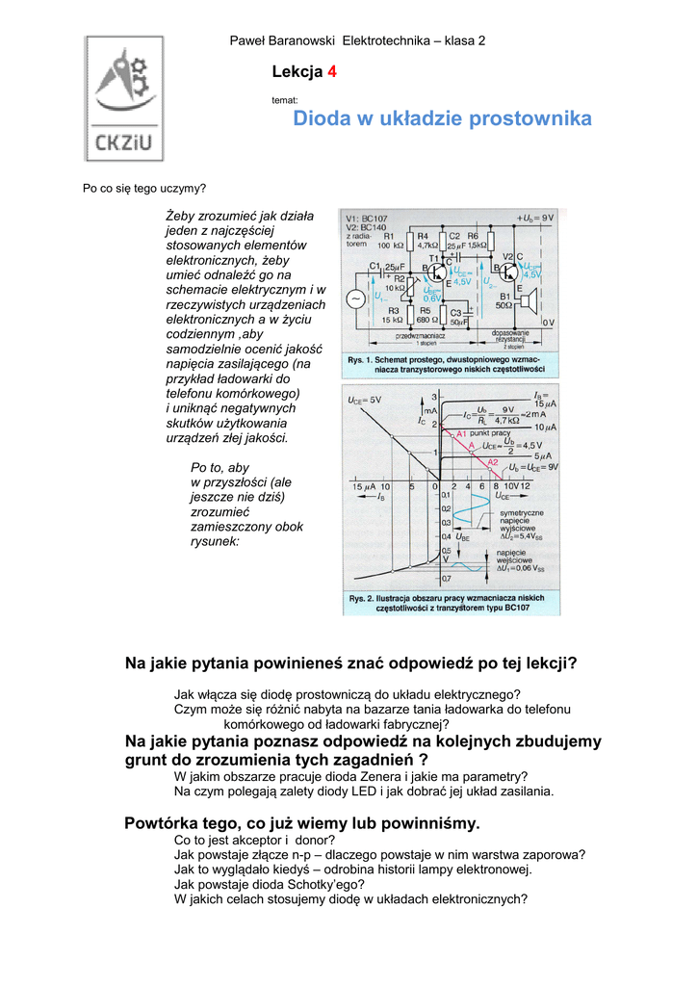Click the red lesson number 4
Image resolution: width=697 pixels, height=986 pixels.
click(x=333, y=72)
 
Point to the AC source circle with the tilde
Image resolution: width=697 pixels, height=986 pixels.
click(x=356, y=299)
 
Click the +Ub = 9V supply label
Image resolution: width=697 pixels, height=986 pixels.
click(x=535, y=218)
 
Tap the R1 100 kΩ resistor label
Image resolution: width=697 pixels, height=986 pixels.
click(x=390, y=240)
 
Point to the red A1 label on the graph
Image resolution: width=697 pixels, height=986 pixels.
click(x=460, y=434)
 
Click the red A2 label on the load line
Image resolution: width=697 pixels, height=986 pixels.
click(x=492, y=463)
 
